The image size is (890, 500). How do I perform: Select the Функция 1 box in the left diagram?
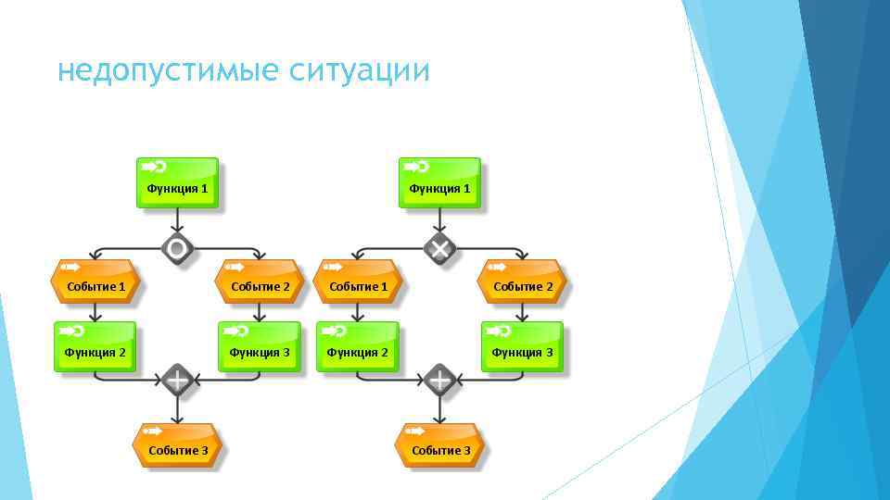(x=178, y=182)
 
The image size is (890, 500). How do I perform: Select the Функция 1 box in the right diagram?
(x=440, y=182)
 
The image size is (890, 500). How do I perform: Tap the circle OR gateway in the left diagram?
(x=177, y=248)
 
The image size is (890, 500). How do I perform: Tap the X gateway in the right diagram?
(x=439, y=248)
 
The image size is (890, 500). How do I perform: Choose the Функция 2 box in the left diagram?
(x=95, y=347)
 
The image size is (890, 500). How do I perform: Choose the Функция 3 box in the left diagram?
(x=260, y=347)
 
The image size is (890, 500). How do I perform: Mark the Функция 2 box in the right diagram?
(x=358, y=347)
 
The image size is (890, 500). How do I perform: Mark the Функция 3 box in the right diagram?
(x=522, y=347)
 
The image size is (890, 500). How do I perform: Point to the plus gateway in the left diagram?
(x=177, y=380)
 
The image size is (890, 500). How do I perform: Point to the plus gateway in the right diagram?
(x=439, y=380)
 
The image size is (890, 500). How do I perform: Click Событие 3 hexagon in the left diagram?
(x=177, y=445)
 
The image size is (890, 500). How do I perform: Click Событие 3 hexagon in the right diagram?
(x=440, y=445)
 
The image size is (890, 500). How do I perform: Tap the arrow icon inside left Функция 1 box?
(x=154, y=167)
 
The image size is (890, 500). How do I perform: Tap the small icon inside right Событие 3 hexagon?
(x=413, y=431)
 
